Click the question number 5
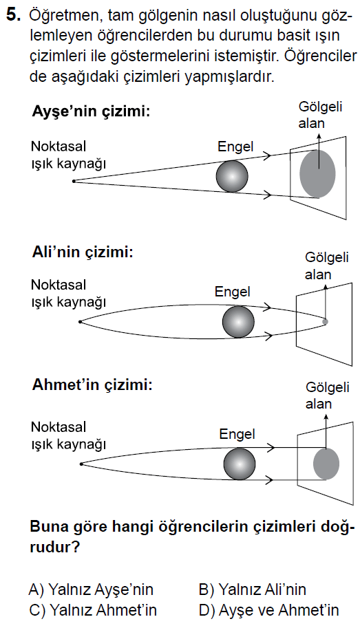tap(13, 15)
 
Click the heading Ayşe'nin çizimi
tap(91, 111)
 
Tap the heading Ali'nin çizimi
tap(82, 253)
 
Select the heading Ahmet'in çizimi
tap(92, 385)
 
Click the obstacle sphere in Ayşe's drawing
tap(232, 176)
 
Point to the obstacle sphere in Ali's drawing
tap(238, 322)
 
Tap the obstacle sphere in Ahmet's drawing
tap(239, 464)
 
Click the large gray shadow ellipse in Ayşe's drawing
tap(317, 173)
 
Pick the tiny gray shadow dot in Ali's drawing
tap(325, 321)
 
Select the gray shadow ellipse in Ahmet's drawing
tap(326, 464)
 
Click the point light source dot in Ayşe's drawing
tap(74, 181)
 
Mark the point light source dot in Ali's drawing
tap(80, 322)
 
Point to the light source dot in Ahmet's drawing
tap(81, 464)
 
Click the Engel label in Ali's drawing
tap(233, 292)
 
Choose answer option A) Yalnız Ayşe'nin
tap(91, 589)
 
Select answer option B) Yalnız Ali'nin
tap(253, 589)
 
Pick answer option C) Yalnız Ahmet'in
tap(93, 610)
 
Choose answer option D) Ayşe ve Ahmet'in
tap(269, 610)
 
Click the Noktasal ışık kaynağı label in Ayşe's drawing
tap(69, 155)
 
